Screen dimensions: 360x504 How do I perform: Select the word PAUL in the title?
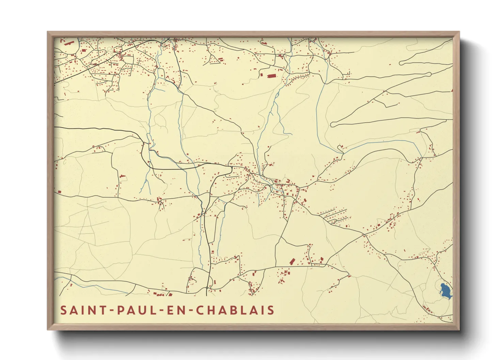pyautogui.click(x=133, y=310)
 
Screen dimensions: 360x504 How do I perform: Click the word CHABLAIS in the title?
pyautogui.click(x=236, y=310)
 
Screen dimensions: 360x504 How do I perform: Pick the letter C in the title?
pyautogui.click(x=202, y=310)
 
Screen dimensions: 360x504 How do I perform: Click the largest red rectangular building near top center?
pyautogui.click(x=271, y=76)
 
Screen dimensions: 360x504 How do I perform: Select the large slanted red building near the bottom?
pyautogui.click(x=292, y=261)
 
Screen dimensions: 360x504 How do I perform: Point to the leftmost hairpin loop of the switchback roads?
pyautogui.click(x=332, y=125)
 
